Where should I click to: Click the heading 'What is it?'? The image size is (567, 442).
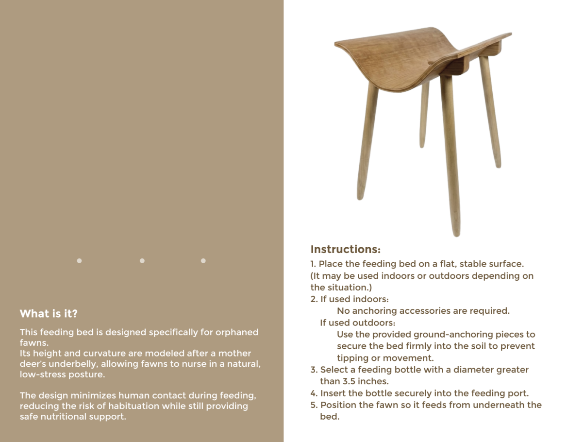(49, 314)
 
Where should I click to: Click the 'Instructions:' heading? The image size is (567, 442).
(345, 250)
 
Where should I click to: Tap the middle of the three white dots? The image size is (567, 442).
(142, 261)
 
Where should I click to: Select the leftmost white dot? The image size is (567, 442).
(79, 261)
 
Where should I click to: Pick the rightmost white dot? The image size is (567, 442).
(203, 261)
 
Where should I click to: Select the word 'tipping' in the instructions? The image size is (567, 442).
(352, 358)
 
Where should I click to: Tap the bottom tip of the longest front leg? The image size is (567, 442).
(456, 234)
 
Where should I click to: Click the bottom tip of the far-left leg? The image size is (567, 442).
(360, 197)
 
